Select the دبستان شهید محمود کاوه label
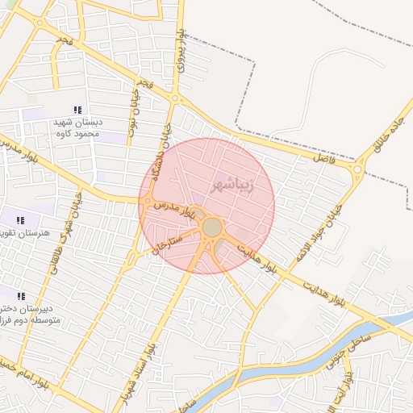(x=76, y=127)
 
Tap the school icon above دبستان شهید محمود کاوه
(x=77, y=110)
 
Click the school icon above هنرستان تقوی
(x=20, y=220)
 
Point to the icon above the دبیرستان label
(x=20, y=296)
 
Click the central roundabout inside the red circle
(x=212, y=227)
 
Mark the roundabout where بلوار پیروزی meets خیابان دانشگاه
(x=175, y=99)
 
